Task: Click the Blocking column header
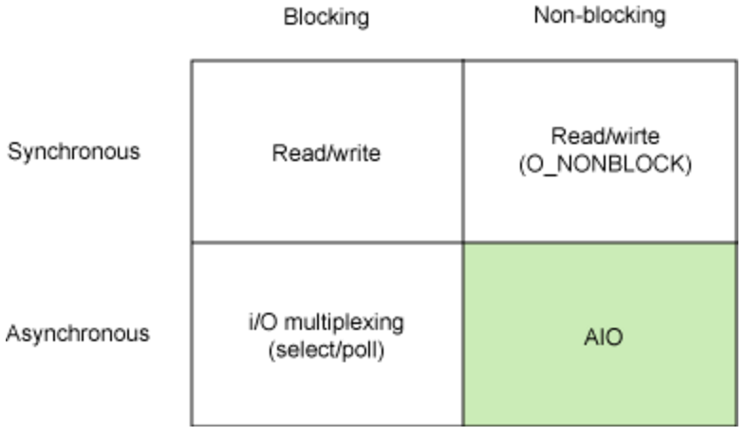click(x=326, y=17)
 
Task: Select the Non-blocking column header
click(x=599, y=16)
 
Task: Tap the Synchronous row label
click(x=74, y=152)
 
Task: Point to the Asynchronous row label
click(x=78, y=334)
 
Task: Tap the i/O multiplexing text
click(x=326, y=321)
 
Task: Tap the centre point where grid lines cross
click(x=463, y=243)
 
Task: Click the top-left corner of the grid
click(x=192, y=62)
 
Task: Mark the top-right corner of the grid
click(x=737, y=62)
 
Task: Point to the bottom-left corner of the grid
click(x=192, y=424)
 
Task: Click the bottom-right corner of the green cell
click(x=737, y=424)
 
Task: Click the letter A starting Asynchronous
click(x=12, y=334)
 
